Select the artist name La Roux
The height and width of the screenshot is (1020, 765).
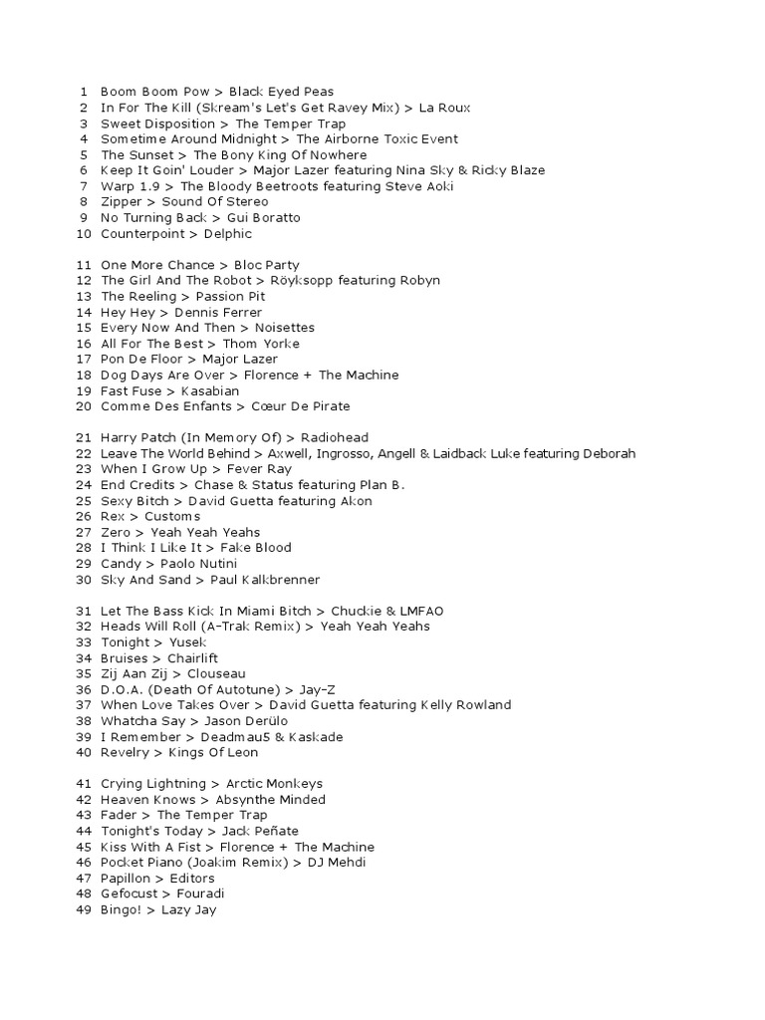[x=444, y=108]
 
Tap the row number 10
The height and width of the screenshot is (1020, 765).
[x=83, y=234]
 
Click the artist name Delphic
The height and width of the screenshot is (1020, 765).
[x=228, y=234]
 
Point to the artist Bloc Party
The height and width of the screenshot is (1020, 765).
[x=266, y=265]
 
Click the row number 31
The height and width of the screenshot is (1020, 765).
[x=83, y=611]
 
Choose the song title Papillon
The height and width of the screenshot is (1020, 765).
[x=126, y=879]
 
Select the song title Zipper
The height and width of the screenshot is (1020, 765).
[x=122, y=202]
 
